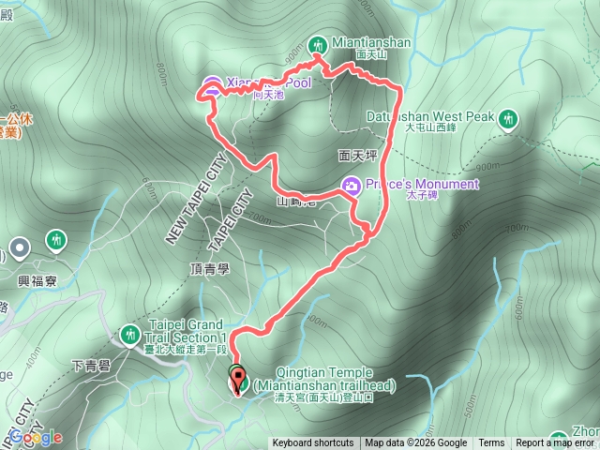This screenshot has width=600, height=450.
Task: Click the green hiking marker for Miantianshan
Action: click(x=317, y=44)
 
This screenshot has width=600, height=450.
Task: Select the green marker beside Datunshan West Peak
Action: click(x=508, y=118)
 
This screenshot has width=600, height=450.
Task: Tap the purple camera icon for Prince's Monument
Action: click(x=351, y=185)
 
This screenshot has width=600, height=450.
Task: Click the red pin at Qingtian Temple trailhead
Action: click(x=236, y=382)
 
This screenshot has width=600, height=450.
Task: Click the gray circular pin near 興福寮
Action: click(x=21, y=248)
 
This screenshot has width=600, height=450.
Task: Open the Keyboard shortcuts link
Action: click(x=313, y=443)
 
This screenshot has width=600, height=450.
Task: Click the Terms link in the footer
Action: click(x=491, y=443)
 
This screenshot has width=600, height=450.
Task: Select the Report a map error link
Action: click(x=555, y=443)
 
